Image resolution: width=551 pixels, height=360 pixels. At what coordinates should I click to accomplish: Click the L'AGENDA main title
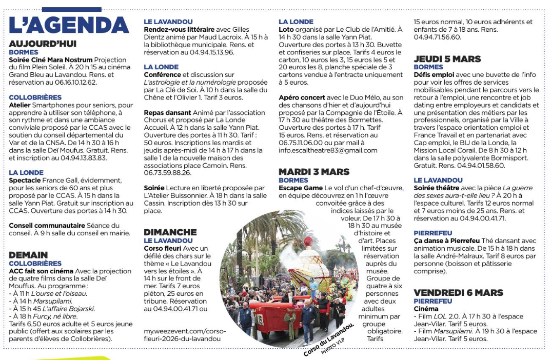pos(69,25)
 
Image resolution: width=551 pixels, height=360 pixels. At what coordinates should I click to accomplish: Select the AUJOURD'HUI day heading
pos(43,44)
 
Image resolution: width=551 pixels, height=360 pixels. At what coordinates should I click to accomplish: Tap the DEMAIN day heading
pos(28,255)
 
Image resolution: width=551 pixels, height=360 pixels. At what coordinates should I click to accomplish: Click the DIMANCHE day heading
pos(170,232)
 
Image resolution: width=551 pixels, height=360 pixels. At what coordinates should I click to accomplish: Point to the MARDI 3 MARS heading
pos(314,172)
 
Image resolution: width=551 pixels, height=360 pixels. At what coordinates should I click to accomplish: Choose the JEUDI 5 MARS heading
pos(447,59)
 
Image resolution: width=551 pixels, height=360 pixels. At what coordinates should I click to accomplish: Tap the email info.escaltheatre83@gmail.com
pos(328,150)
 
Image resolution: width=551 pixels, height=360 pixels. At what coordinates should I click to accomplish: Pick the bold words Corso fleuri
pos(162,248)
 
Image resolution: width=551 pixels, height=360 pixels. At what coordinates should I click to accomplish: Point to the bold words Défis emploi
pos(434,74)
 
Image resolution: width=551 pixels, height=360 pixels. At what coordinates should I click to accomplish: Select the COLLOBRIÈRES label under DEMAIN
pos(35,263)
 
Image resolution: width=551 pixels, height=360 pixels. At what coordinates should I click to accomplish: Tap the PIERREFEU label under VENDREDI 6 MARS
pos(433,301)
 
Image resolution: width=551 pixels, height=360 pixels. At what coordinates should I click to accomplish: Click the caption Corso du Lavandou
pos(328,339)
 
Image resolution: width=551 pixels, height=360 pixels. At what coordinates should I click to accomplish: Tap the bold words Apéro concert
pos(302,97)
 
